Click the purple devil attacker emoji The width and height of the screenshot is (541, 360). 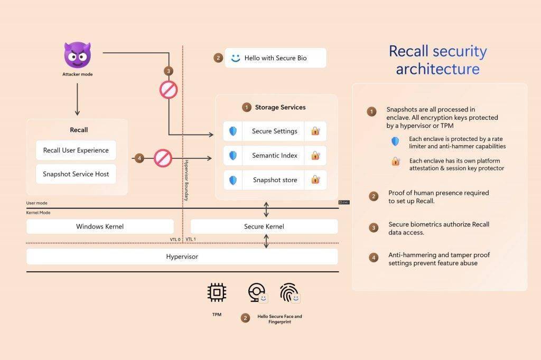coord(77,55)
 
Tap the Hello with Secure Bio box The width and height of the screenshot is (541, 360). coord(275,58)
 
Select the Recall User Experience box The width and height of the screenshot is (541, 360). coord(76,150)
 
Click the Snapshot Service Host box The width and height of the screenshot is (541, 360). coord(76,174)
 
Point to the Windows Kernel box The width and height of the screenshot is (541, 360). coord(100,226)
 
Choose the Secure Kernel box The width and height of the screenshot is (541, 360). coord(264,226)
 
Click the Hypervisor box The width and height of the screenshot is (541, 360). coord(182,257)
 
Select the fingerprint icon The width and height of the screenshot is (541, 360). coord(288,292)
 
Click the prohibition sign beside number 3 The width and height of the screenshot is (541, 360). coord(168,90)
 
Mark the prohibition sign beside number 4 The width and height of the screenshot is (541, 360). coord(163,158)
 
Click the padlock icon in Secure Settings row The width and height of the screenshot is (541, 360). coord(315,131)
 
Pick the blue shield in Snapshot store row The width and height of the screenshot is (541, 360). coord(233,180)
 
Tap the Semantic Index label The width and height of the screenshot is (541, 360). coord(274,156)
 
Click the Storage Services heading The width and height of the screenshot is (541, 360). coord(280,107)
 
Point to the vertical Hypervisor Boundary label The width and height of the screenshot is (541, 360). coord(186,180)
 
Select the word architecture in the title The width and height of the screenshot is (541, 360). coord(437,69)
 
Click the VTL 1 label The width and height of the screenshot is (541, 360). coord(191,239)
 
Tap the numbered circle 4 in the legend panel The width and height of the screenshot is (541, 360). coord(374,258)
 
